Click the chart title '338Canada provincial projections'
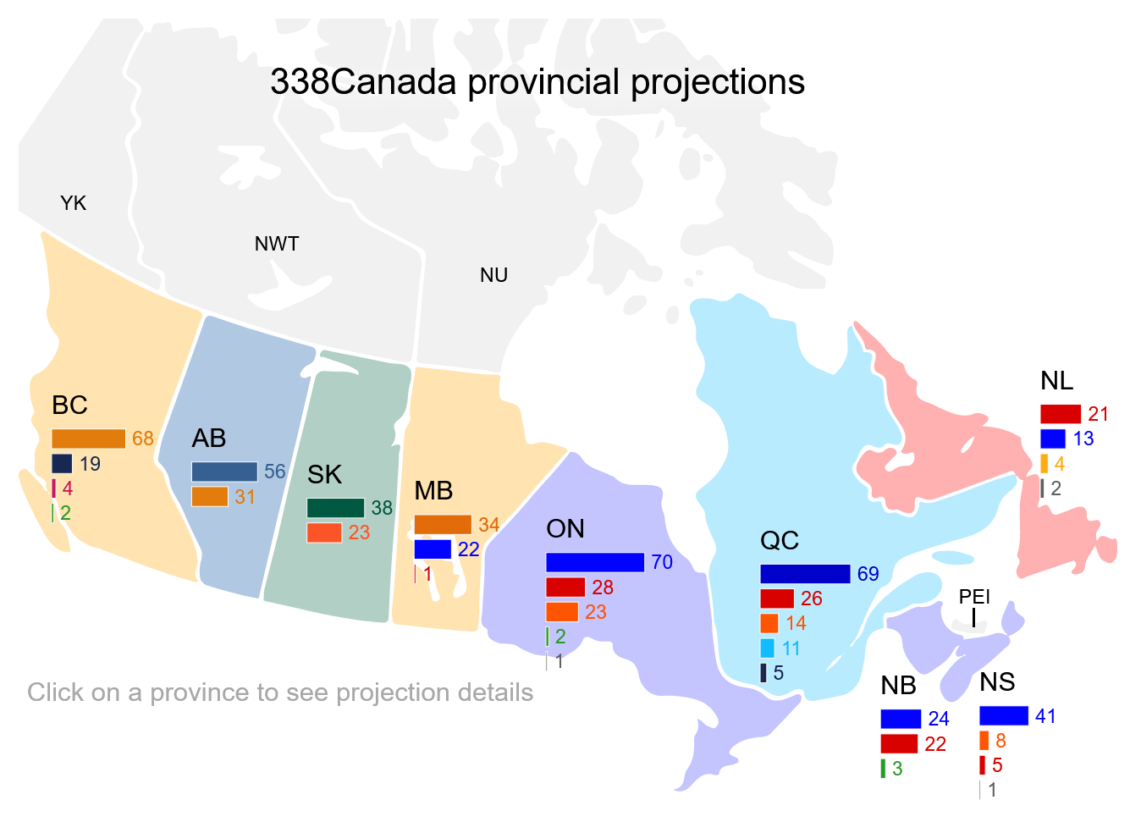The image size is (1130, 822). coord(537,82)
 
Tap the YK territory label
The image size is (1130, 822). coord(74,203)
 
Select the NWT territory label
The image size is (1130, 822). coord(277,244)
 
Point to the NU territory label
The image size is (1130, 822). coord(493,275)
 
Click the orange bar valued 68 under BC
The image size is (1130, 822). coord(89,439)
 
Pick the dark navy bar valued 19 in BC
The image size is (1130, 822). coord(62,463)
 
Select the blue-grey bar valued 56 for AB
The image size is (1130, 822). coord(224,472)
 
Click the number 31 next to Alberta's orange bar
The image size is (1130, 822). coord(245,497)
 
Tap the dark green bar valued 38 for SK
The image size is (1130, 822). coord(335,508)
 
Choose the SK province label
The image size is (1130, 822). coord(324,475)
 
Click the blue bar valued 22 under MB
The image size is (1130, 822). coord(433,549)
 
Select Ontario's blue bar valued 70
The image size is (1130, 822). coord(595,562)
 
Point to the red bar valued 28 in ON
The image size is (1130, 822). coord(565,588)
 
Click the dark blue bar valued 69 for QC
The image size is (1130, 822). coord(805,574)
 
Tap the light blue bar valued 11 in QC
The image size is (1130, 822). coord(767,648)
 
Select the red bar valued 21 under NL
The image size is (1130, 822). coord(1061,414)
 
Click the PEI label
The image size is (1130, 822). coord(974,597)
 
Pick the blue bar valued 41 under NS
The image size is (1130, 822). coord(1004,716)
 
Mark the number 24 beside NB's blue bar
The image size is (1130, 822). coord(939,719)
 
